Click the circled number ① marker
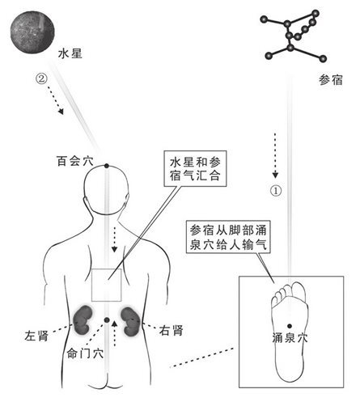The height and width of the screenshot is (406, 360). [x=277, y=192]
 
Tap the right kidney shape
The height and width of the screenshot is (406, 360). [x=133, y=319]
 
